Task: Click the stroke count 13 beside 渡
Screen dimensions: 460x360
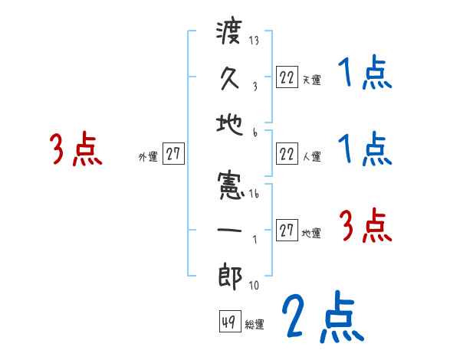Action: tap(254, 41)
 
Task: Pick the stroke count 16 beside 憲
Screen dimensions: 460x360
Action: tap(254, 195)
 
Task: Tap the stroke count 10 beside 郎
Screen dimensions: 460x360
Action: tap(254, 286)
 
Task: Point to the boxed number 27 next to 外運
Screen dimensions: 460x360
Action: tap(173, 153)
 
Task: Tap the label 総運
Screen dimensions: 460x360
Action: tap(255, 324)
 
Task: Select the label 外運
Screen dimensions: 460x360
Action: tap(148, 156)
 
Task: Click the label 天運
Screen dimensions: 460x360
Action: tap(311, 79)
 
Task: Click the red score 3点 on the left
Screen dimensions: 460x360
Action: tap(76, 149)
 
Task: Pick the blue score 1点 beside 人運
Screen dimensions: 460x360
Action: tap(365, 149)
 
